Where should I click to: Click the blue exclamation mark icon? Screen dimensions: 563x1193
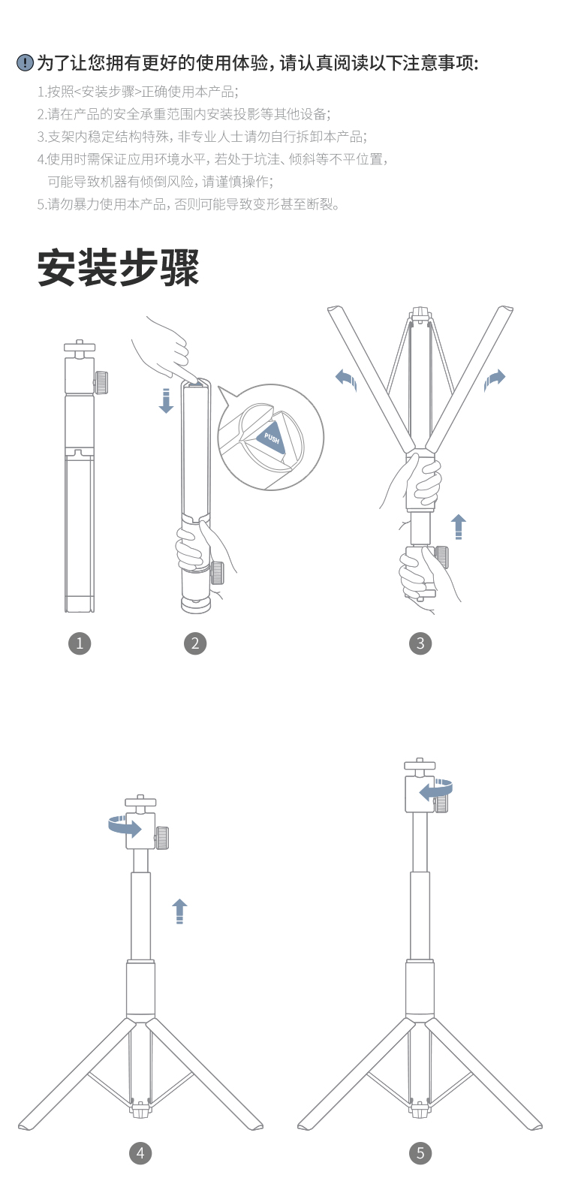click(25, 63)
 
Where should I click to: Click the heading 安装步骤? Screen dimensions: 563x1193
click(119, 267)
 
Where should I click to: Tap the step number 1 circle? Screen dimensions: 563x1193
click(80, 643)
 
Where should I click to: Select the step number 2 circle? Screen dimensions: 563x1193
click(195, 643)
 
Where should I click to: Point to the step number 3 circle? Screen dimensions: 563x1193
click(420, 643)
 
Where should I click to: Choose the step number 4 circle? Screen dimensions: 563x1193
click(140, 1153)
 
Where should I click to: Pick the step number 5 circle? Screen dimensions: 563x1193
click(420, 1153)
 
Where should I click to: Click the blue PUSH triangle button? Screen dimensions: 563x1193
click(272, 437)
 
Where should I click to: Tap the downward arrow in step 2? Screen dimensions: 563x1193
click(166, 401)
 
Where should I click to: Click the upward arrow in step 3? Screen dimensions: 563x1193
click(459, 527)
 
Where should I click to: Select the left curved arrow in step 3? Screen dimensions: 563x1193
click(347, 380)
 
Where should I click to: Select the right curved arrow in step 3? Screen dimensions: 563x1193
click(494, 380)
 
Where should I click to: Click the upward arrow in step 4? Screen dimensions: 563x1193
click(179, 911)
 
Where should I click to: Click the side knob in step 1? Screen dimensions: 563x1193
click(101, 382)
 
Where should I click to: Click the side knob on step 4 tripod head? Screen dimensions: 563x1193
click(162, 838)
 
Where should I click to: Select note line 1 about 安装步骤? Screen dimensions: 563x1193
click(137, 92)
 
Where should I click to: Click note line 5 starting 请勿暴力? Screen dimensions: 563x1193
click(188, 204)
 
